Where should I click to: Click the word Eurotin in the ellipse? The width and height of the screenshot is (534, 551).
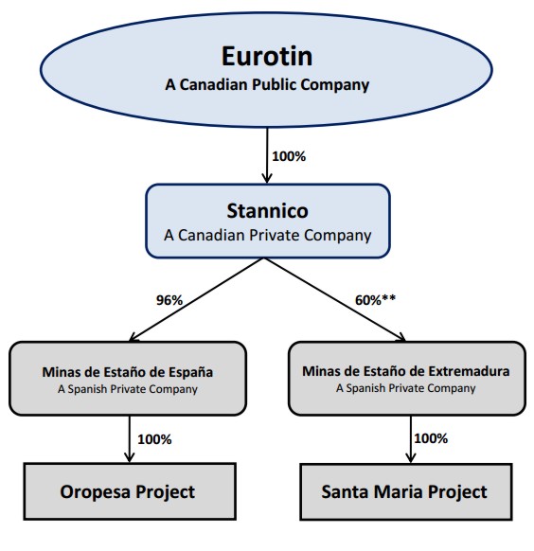pos(267,56)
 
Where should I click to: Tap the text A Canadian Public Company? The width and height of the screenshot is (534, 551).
pos(267,84)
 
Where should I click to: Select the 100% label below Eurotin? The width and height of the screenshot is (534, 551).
pos(289,156)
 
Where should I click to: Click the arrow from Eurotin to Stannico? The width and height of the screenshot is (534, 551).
pos(267,155)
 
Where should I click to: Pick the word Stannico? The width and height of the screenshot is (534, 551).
pos(267,211)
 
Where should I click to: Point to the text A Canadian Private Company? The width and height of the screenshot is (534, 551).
pos(267,236)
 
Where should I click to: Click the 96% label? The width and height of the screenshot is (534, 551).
pos(169,300)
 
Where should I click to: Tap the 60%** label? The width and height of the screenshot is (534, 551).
pos(375,300)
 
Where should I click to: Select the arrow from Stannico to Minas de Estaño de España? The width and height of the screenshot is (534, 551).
pos(197,300)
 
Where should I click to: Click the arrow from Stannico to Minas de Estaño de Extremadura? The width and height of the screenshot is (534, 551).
pos(335,300)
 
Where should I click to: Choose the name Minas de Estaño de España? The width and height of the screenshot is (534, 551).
pos(128,372)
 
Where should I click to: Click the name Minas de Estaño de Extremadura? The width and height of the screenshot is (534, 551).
pos(406,371)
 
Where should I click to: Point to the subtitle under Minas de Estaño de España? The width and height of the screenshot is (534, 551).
pos(128,389)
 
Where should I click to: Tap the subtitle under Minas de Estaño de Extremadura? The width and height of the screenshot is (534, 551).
pos(406,388)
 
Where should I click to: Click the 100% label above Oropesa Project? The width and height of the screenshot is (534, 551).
pos(154,439)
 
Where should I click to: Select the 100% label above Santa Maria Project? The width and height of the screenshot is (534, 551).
pos(431,438)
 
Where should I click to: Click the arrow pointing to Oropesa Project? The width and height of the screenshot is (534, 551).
pos(130,439)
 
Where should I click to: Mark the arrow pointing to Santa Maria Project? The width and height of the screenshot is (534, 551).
pos(411,439)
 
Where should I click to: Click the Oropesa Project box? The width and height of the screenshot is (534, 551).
pos(130,491)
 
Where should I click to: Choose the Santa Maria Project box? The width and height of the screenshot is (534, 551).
pos(406,491)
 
